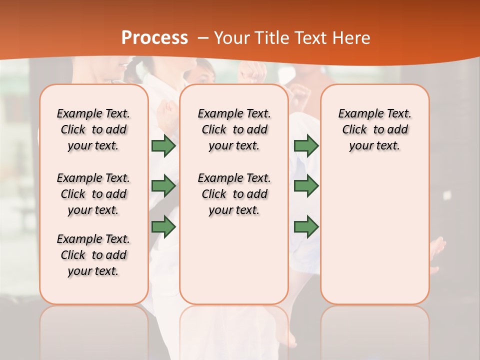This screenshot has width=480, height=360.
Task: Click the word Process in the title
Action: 154,37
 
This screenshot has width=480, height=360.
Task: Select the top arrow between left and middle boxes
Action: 163,146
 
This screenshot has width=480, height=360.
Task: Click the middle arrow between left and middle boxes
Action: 163,186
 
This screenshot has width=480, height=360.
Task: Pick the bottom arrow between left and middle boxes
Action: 163,227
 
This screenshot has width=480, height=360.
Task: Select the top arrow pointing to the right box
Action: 306,146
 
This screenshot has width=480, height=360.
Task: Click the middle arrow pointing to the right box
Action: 306,186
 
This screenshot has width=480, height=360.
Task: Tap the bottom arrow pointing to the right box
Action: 306,227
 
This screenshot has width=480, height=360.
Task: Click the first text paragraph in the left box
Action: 93,129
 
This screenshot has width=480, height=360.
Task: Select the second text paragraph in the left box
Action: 93,194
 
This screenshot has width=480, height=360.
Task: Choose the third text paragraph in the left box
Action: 93,255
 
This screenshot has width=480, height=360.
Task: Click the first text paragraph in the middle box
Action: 234,129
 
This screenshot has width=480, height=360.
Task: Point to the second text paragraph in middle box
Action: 234,194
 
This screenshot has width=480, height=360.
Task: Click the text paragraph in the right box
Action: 374,129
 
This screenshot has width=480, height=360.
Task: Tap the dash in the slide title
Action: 203,38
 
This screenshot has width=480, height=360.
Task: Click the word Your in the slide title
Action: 232,38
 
